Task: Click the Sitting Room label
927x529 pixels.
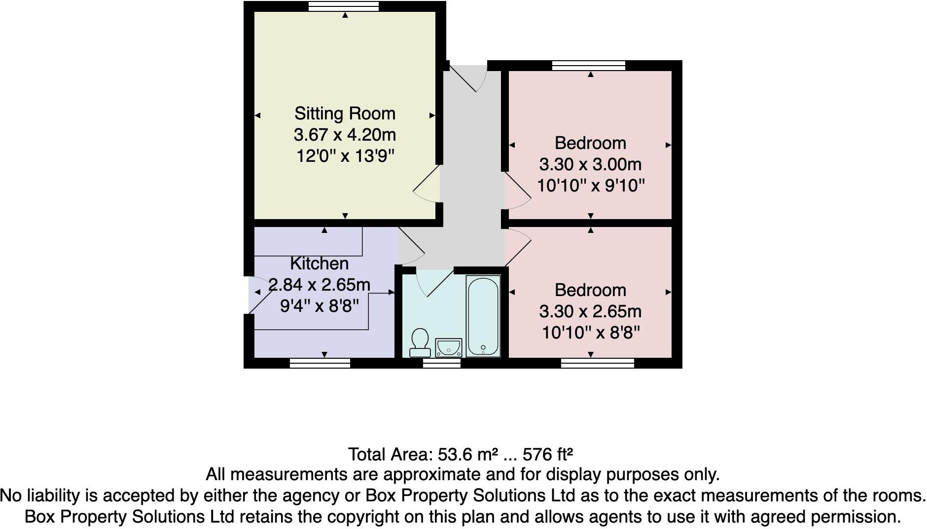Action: (345, 113)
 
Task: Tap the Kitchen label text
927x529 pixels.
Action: (319, 264)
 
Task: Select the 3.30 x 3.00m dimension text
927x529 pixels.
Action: (590, 164)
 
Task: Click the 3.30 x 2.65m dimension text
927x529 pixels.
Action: (590, 311)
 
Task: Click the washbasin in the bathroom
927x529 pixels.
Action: (449, 347)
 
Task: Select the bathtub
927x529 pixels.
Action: (483, 316)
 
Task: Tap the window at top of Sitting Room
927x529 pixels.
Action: (344, 6)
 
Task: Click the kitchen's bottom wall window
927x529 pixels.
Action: (320, 364)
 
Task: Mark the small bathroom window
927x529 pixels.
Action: (442, 364)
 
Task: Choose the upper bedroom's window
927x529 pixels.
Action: (589, 66)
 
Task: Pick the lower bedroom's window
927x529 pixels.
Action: (598, 364)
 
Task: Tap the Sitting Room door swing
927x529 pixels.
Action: (427, 186)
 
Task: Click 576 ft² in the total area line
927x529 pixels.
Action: (547, 453)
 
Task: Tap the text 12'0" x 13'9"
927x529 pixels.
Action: (345, 156)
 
